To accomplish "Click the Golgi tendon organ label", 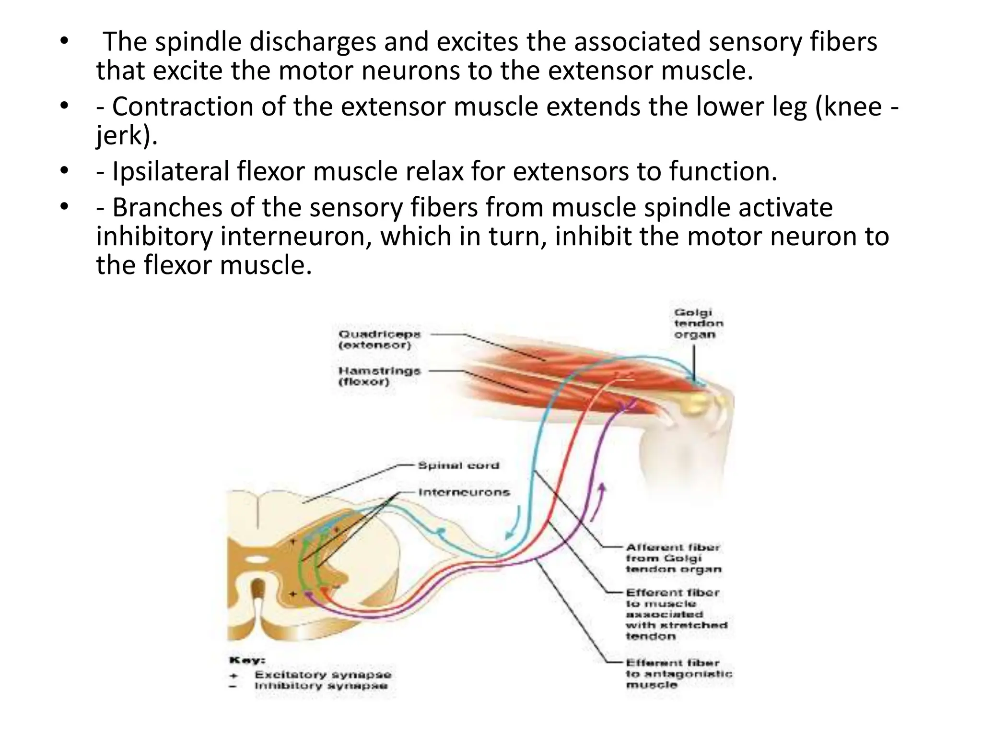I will point(698,323).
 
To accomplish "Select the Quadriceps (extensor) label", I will point(379,339).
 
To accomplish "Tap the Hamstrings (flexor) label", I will point(379,376).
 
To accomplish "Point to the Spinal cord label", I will point(458,465).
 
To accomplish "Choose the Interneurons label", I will point(464,492).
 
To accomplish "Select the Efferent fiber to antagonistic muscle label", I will point(678,674).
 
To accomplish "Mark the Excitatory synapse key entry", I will point(323,675).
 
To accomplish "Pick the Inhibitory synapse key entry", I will point(321,686).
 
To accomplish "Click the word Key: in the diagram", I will point(247,660).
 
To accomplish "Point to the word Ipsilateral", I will point(171,171).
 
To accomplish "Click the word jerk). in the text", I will point(127,135).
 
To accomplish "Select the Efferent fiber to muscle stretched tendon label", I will point(676,614).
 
